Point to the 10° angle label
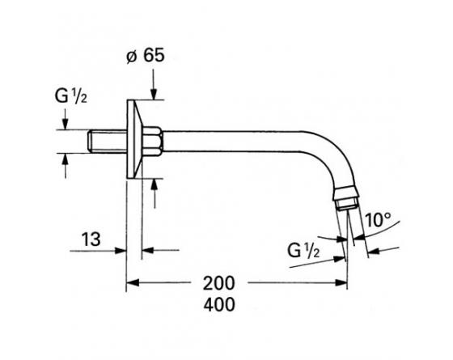[x=378, y=218]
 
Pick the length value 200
[x=220, y=284]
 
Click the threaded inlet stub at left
[x=103, y=141]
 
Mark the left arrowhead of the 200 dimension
[x=132, y=284]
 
